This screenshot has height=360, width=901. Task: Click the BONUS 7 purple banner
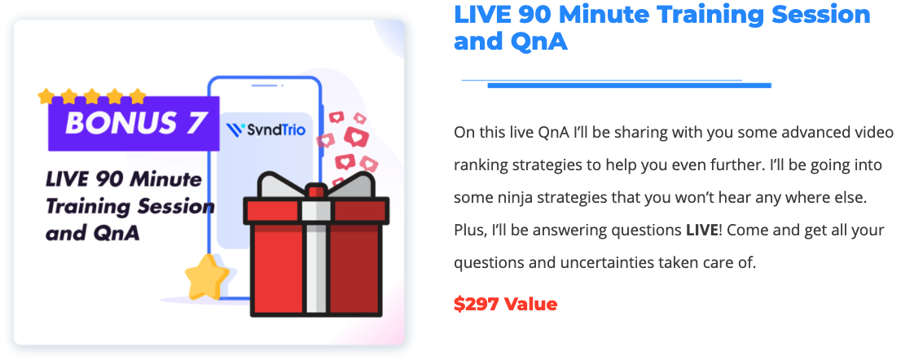(x=134, y=124)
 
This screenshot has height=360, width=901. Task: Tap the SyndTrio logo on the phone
(x=266, y=130)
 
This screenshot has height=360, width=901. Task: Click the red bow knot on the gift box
(x=315, y=191)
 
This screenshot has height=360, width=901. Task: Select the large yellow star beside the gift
(x=207, y=277)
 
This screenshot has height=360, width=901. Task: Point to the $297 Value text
(x=506, y=304)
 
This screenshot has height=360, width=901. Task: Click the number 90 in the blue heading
(x=530, y=15)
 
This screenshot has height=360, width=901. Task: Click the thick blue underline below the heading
(x=629, y=86)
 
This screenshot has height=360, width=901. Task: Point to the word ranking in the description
(x=477, y=165)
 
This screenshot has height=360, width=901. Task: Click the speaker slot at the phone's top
(x=264, y=86)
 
